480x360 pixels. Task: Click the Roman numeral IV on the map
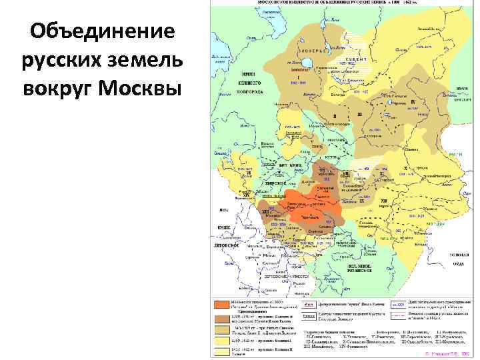click(413, 101)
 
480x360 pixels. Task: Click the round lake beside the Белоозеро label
click(308, 64)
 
